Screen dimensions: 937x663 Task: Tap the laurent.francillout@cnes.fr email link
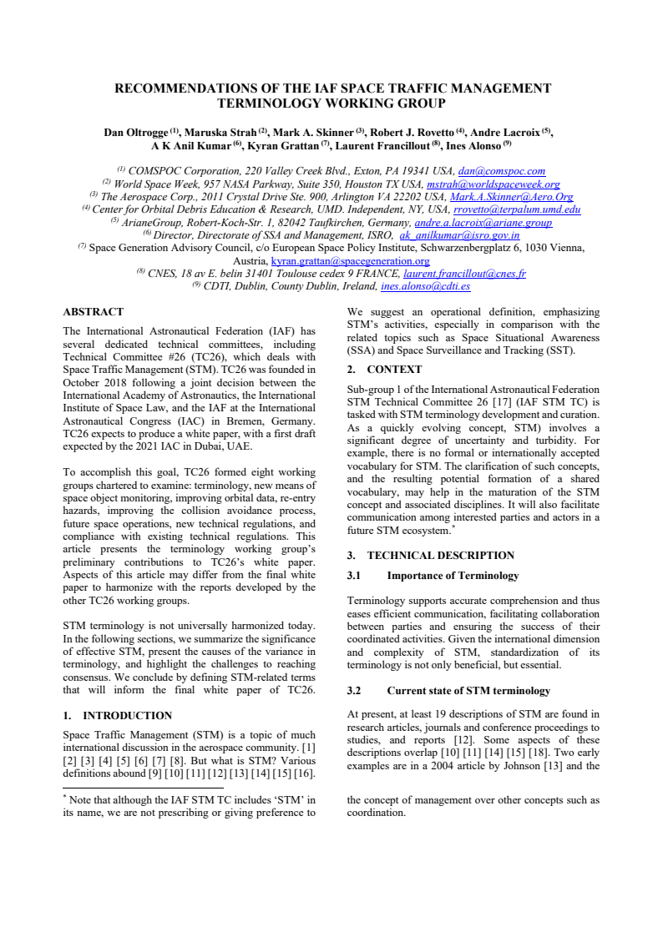coord(464,274)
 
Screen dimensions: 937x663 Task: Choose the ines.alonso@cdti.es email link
coord(425,286)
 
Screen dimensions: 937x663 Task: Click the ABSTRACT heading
coord(94,312)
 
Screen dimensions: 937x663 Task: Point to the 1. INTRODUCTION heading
coord(118,715)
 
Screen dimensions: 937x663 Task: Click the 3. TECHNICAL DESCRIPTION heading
coord(431,555)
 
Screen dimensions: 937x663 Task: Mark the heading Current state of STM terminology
coord(468,691)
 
